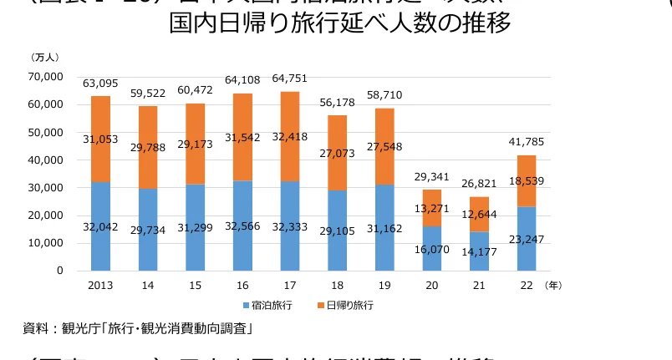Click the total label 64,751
pyautogui.click(x=290, y=79)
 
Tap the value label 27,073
pyautogui.click(x=338, y=155)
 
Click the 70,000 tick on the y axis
pyautogui.click(x=45, y=77)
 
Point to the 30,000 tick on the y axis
pyautogui.click(x=45, y=188)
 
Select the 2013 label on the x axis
pyautogui.click(x=101, y=285)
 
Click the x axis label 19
pyautogui.click(x=385, y=285)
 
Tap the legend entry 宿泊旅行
pyautogui.click(x=271, y=306)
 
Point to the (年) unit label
pyautogui.click(x=552, y=285)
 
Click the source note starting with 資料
pyautogui.click(x=138, y=327)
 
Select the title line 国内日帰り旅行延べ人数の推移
pyautogui.click(x=340, y=23)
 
